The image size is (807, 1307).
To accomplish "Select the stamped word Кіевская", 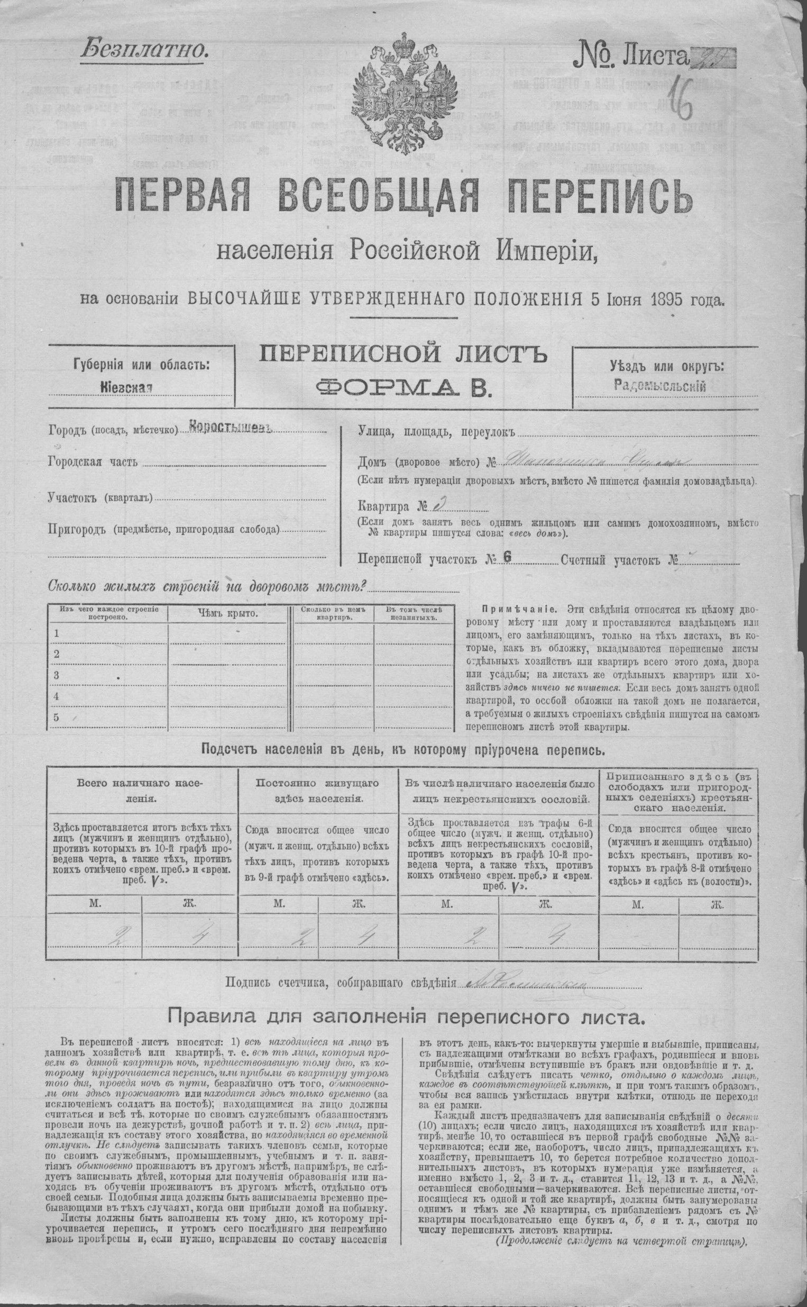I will click(126, 387).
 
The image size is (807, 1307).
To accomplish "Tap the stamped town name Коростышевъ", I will click(231, 428).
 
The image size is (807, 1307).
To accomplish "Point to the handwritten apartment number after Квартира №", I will click(437, 504).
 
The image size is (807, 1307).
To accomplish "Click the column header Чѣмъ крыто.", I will click(228, 612).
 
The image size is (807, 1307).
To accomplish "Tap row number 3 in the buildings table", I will click(56, 675).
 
